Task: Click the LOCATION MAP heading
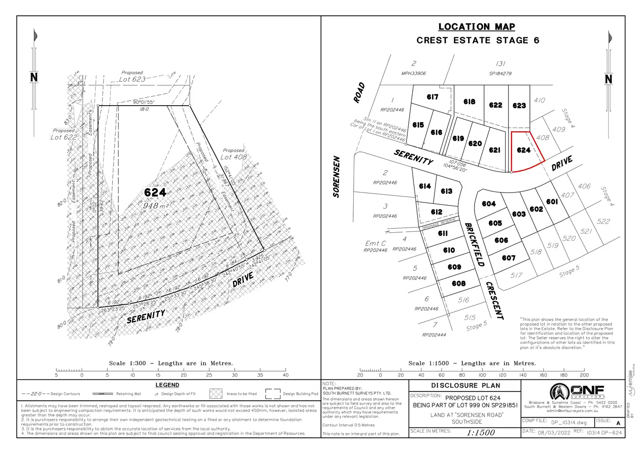click(476, 27)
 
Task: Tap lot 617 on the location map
click(432, 97)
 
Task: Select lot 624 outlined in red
click(523, 150)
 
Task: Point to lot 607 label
click(509, 258)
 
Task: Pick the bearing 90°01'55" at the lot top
click(144, 102)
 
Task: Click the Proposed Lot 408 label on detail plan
click(233, 154)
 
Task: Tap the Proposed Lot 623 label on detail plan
click(132, 77)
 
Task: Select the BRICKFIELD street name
click(475, 244)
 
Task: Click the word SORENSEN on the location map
click(336, 177)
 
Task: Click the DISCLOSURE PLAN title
click(465, 385)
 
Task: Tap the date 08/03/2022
click(554, 432)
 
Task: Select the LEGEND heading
click(167, 385)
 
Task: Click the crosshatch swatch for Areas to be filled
click(215, 394)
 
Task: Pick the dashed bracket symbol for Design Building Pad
click(273, 394)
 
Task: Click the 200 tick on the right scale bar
click(584, 370)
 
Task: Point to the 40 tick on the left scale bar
click(285, 370)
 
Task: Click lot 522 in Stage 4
click(603, 222)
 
